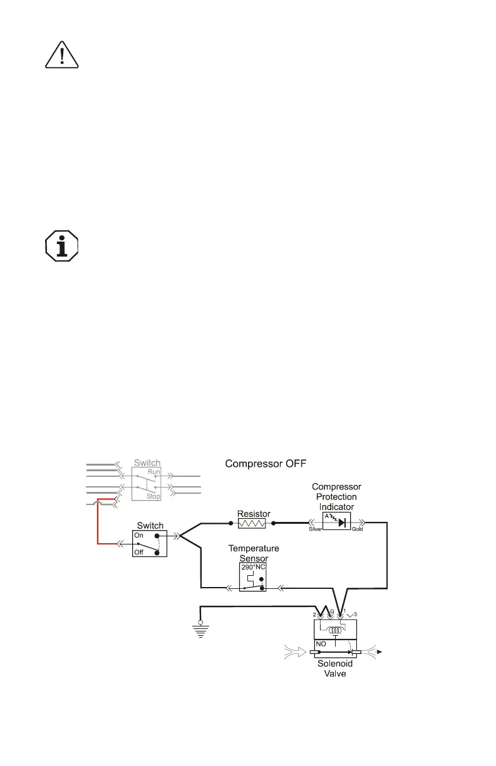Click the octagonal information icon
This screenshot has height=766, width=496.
(x=61, y=246)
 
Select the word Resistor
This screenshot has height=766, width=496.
(x=254, y=513)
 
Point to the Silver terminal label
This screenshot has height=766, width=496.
(x=316, y=529)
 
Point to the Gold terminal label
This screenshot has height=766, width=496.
(x=358, y=529)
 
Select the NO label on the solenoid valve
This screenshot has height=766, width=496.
(x=321, y=643)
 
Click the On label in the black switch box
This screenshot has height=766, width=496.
(x=139, y=536)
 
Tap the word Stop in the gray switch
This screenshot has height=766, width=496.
(x=153, y=496)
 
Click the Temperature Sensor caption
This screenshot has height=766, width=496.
(x=254, y=553)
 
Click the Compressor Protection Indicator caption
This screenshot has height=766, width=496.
(x=336, y=496)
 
